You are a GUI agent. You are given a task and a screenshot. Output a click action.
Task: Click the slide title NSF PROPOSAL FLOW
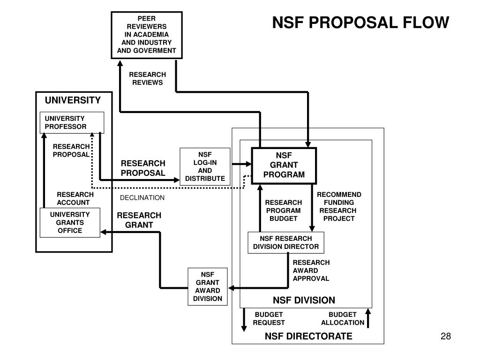tap(361, 22)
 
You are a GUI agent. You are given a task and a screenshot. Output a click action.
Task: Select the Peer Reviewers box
tap(146, 35)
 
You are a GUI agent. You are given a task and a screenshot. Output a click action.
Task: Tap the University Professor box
tap(72, 123)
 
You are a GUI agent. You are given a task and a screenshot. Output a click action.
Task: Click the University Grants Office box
tap(70, 223)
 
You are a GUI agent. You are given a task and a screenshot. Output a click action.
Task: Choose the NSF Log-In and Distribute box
tap(205, 166)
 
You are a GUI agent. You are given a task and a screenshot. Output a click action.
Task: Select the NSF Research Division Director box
tap(285, 242)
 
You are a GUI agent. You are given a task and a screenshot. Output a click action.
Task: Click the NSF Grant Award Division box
tap(207, 286)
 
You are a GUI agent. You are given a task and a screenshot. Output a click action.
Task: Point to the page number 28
tap(445, 336)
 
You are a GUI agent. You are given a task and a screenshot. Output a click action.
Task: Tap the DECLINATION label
tap(142, 198)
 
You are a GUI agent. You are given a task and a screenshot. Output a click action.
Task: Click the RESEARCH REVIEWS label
tap(147, 79)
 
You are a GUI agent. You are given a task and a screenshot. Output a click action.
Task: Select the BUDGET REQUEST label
tap(269, 318)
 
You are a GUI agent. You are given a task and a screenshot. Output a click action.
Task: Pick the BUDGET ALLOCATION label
tap(342, 318)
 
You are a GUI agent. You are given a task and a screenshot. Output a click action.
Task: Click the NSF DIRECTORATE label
tap(308, 336)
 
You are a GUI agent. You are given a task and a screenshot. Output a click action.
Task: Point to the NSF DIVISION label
tap(304, 300)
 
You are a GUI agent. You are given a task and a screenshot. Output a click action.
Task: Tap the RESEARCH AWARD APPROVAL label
tap(311, 270)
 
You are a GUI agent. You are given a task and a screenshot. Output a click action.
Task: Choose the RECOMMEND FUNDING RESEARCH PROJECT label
tap(339, 206)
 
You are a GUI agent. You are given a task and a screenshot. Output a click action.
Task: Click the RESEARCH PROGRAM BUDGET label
tap(284, 210)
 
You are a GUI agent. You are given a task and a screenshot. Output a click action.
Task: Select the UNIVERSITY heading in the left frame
tap(73, 100)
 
